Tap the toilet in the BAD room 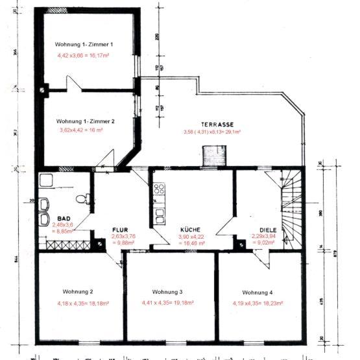(80, 198)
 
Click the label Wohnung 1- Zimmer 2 (86, 121)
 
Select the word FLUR (121, 230)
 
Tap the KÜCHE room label (191, 230)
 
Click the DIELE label (268, 230)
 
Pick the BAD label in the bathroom (64, 219)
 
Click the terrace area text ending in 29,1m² (212, 132)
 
